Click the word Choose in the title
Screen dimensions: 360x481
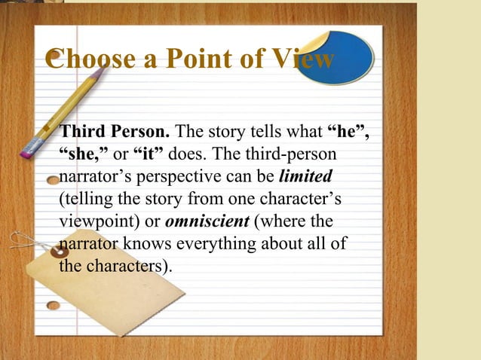coord(89,60)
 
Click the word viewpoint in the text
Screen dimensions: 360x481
coord(94,222)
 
